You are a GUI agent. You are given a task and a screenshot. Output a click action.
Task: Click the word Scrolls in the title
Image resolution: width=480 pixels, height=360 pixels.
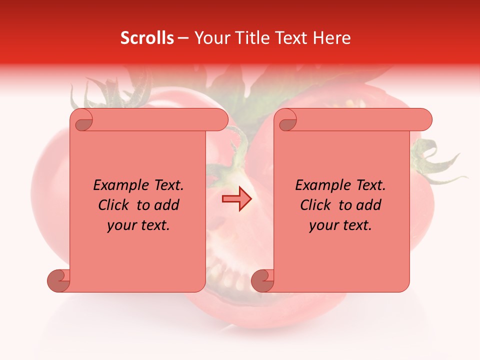pyautogui.click(x=147, y=38)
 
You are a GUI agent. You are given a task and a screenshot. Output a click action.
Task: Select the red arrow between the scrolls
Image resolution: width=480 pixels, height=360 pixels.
pyautogui.click(x=236, y=199)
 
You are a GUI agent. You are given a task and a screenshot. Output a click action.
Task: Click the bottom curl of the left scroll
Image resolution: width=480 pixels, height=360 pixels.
pyautogui.click(x=58, y=280)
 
